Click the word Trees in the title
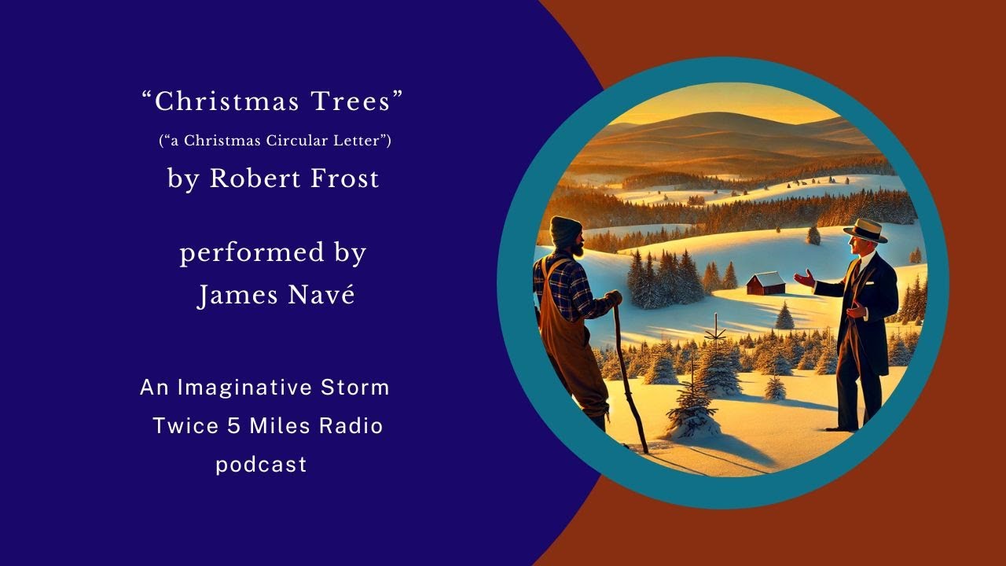click(357, 102)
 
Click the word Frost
click(343, 179)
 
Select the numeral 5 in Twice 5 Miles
click(232, 426)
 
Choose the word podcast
click(261, 465)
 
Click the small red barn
click(765, 283)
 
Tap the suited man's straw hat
click(865, 229)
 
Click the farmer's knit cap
click(565, 230)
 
